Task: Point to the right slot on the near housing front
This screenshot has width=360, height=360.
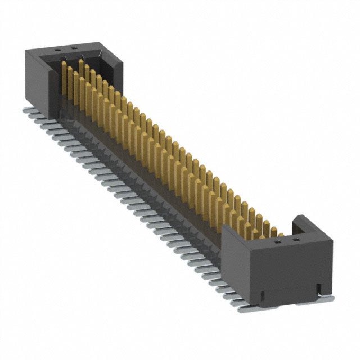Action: [x=318, y=288]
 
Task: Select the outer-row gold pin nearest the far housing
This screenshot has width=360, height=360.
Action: [x=63, y=79]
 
